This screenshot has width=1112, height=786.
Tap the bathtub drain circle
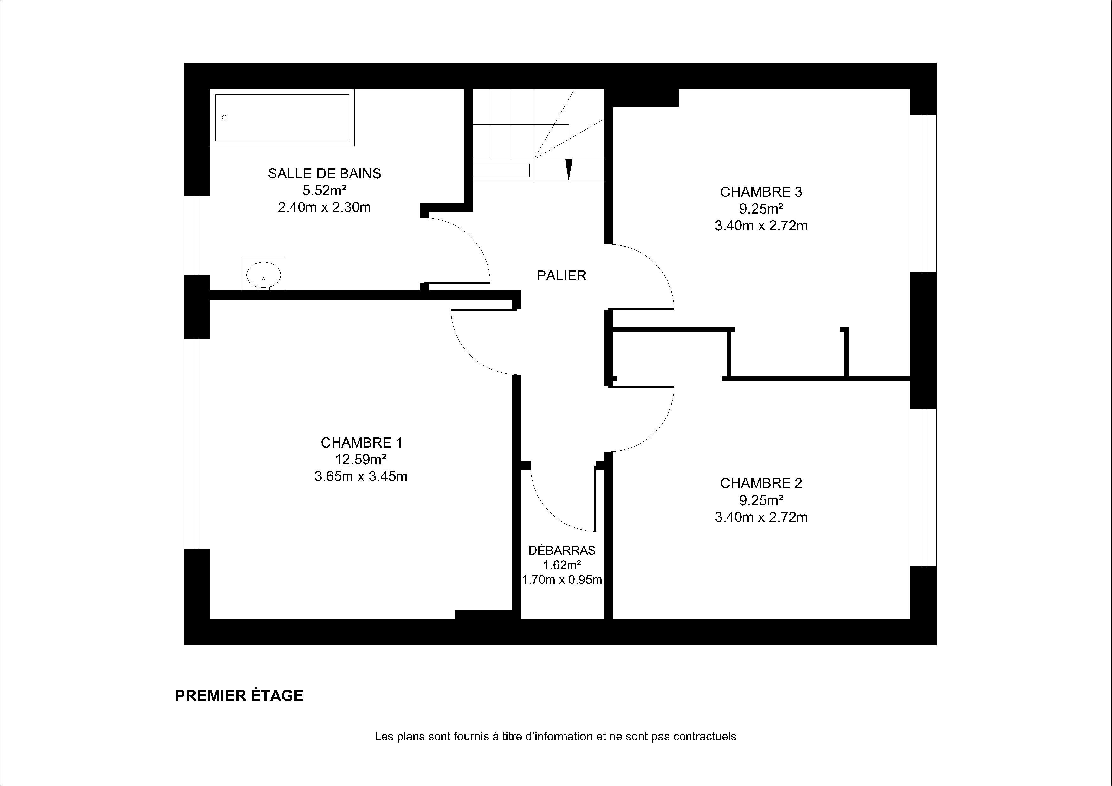(x=225, y=118)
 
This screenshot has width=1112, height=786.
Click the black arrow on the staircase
(x=569, y=170)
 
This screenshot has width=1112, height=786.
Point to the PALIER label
(x=561, y=275)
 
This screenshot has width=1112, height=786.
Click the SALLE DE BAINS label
(x=325, y=173)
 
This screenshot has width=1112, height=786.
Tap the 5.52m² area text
(x=325, y=190)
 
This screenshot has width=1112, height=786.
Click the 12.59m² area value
(x=361, y=459)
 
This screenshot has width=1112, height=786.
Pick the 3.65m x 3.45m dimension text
(x=361, y=477)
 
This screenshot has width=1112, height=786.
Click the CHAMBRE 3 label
(x=761, y=192)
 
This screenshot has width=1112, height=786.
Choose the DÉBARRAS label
(x=562, y=550)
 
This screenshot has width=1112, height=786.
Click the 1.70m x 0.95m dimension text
(x=562, y=579)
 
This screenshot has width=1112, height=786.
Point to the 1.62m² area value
(x=562, y=565)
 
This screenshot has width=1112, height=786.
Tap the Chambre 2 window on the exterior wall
(x=923, y=488)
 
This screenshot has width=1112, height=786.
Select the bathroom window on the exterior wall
(x=197, y=235)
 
